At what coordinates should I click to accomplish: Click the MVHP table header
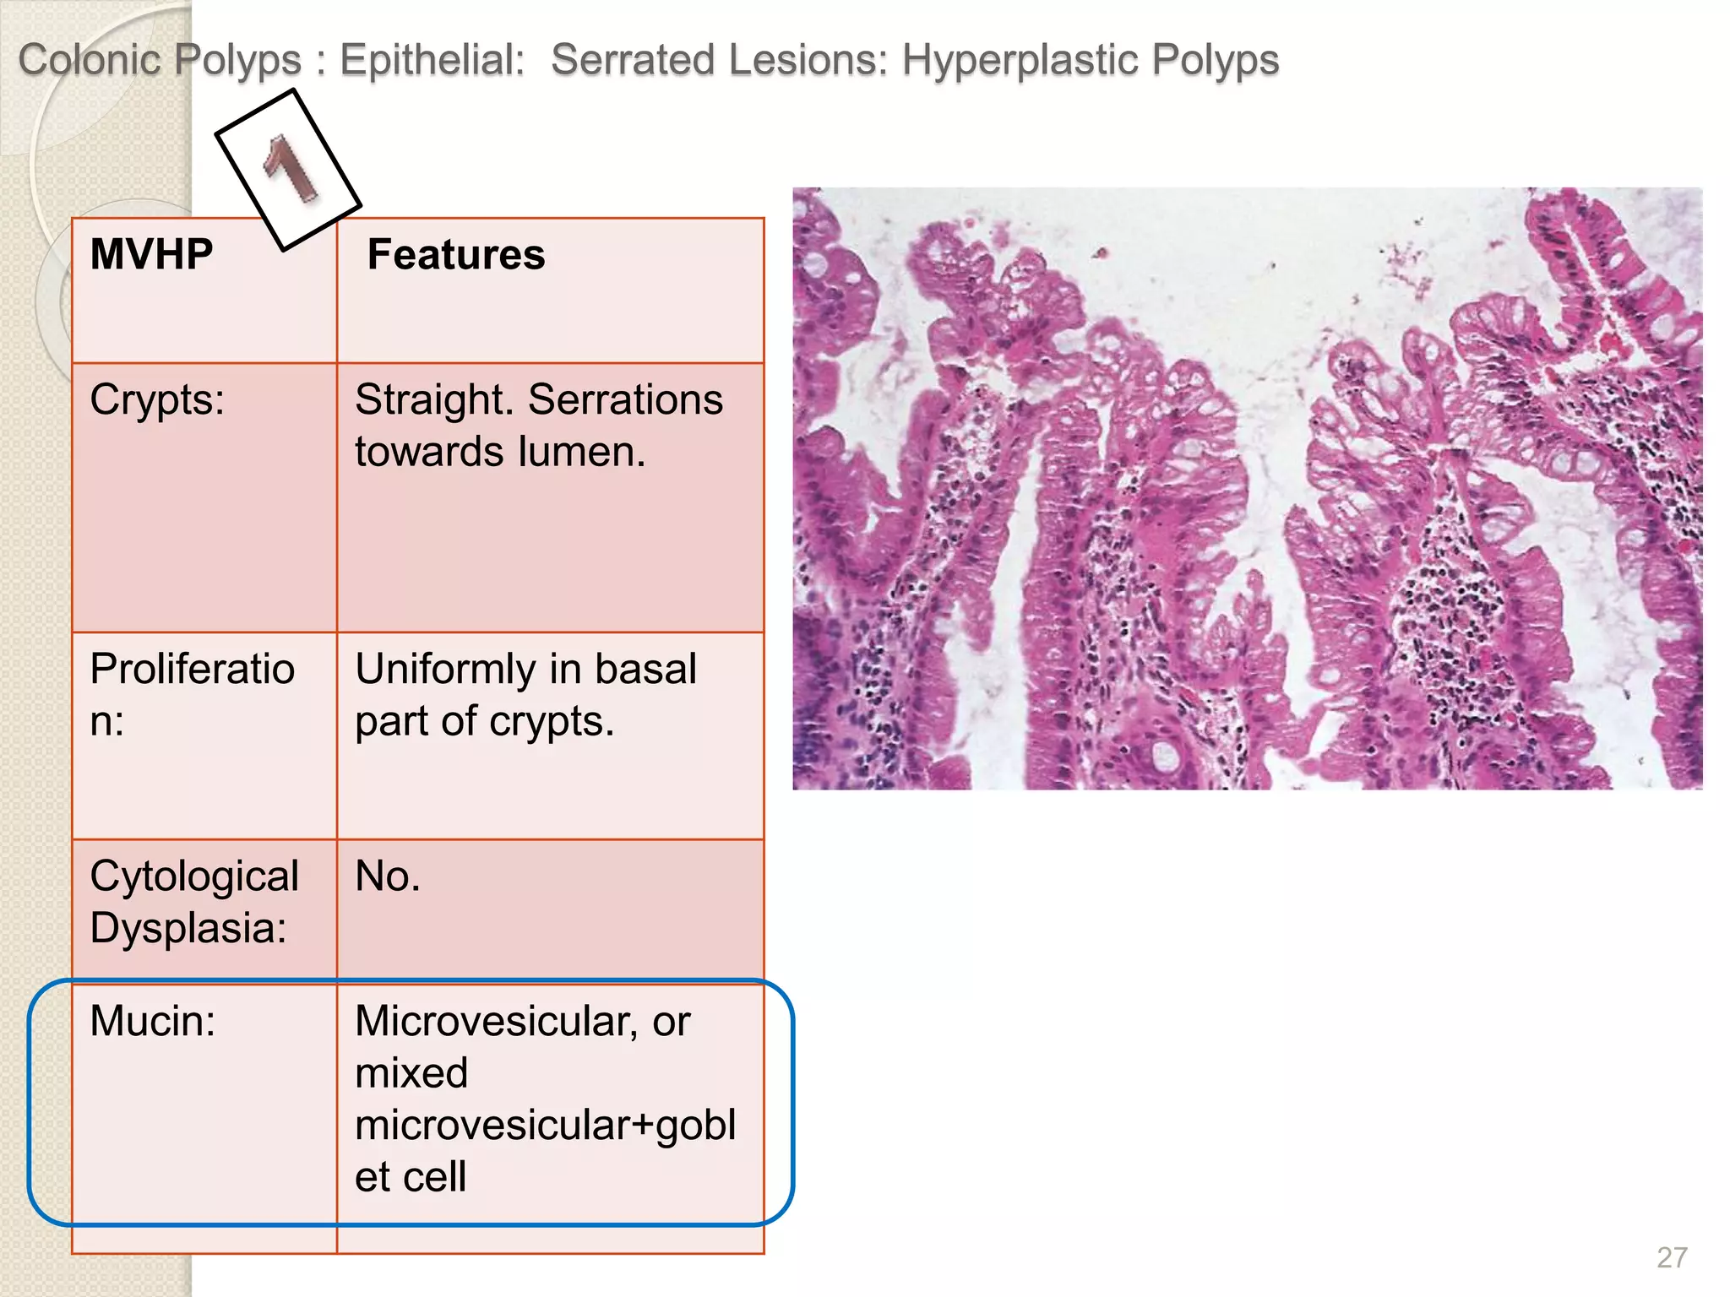(x=151, y=254)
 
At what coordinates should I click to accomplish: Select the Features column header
(x=456, y=254)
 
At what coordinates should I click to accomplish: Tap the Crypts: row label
(x=157, y=399)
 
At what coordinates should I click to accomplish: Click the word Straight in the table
(x=434, y=399)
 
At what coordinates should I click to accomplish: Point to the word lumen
(x=582, y=452)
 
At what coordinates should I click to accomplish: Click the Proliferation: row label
(x=192, y=695)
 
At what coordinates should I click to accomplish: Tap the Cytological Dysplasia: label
(x=193, y=902)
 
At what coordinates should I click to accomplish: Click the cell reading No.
(x=387, y=876)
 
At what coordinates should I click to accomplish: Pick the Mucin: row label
(x=152, y=1021)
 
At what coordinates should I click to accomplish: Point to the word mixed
(x=411, y=1073)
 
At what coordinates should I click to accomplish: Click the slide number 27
(x=1672, y=1257)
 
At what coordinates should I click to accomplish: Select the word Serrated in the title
(x=633, y=60)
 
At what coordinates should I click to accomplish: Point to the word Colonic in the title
(x=90, y=60)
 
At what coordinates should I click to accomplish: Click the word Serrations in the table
(x=625, y=399)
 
